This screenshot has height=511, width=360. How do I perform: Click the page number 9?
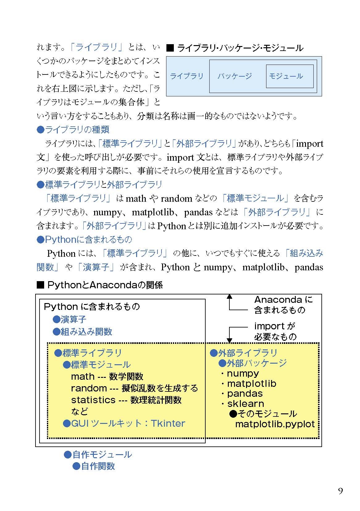click(x=340, y=491)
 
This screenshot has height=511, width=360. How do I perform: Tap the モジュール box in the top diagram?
click(x=289, y=76)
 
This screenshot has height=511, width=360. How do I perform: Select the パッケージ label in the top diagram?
click(x=235, y=76)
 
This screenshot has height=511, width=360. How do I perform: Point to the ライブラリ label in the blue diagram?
click(x=186, y=76)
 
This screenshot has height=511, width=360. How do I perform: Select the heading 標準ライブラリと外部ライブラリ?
click(x=99, y=185)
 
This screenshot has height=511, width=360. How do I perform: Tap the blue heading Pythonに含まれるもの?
click(x=84, y=239)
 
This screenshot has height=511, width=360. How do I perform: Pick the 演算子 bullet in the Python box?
click(x=69, y=319)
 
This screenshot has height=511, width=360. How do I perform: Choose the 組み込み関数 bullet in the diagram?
click(x=82, y=332)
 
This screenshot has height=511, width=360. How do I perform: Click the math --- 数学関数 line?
click(x=107, y=377)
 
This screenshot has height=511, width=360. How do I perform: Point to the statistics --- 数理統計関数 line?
click(x=126, y=400)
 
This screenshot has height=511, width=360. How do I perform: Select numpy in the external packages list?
click(x=243, y=374)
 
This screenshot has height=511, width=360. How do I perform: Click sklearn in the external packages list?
click(x=245, y=404)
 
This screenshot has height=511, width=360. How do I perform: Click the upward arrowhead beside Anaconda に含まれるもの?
click(x=229, y=297)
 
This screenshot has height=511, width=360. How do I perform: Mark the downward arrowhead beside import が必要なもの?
click(x=229, y=340)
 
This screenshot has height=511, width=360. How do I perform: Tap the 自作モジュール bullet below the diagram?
click(x=98, y=454)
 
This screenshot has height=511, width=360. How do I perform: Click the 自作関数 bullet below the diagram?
click(x=94, y=466)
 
